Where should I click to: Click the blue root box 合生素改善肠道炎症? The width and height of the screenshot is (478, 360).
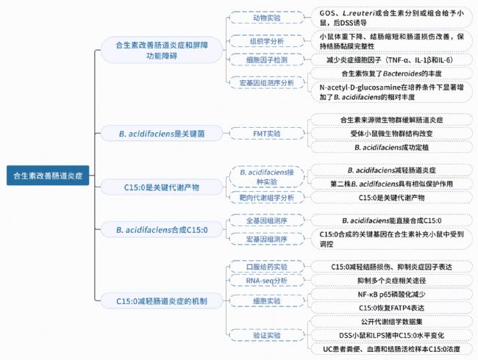click(x=48, y=176)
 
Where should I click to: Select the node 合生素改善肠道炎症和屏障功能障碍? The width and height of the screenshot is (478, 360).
click(x=162, y=50)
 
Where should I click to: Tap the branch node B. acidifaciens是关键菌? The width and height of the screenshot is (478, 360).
click(x=162, y=134)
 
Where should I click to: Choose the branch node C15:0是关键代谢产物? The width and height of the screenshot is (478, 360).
click(x=162, y=187)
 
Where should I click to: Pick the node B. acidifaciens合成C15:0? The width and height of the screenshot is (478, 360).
click(x=162, y=230)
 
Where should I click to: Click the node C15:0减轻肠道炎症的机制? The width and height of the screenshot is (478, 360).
click(x=162, y=301)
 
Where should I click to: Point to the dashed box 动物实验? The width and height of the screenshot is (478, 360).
click(x=267, y=18)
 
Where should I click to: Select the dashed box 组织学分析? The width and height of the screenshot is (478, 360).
click(x=267, y=41)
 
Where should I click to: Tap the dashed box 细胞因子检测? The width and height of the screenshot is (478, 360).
click(x=267, y=60)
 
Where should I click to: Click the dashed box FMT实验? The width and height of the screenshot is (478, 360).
click(x=267, y=134)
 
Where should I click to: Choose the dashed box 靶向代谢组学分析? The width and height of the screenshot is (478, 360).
click(x=267, y=198)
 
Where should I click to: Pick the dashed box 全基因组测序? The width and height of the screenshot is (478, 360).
click(x=267, y=220)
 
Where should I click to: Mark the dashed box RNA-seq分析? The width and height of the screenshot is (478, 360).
click(x=267, y=281)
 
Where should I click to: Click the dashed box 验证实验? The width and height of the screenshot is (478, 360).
click(x=267, y=335)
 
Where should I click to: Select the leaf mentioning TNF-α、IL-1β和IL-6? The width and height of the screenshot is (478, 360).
click(x=391, y=60)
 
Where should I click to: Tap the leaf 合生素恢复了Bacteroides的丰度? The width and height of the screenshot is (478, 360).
click(x=391, y=73)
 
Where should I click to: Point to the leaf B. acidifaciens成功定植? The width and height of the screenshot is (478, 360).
click(x=391, y=148)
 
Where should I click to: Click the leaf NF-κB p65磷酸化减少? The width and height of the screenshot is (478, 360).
click(x=391, y=294)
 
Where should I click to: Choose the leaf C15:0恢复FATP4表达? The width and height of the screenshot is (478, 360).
click(x=391, y=308)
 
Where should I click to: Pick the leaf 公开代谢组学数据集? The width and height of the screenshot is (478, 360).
click(x=391, y=322)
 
